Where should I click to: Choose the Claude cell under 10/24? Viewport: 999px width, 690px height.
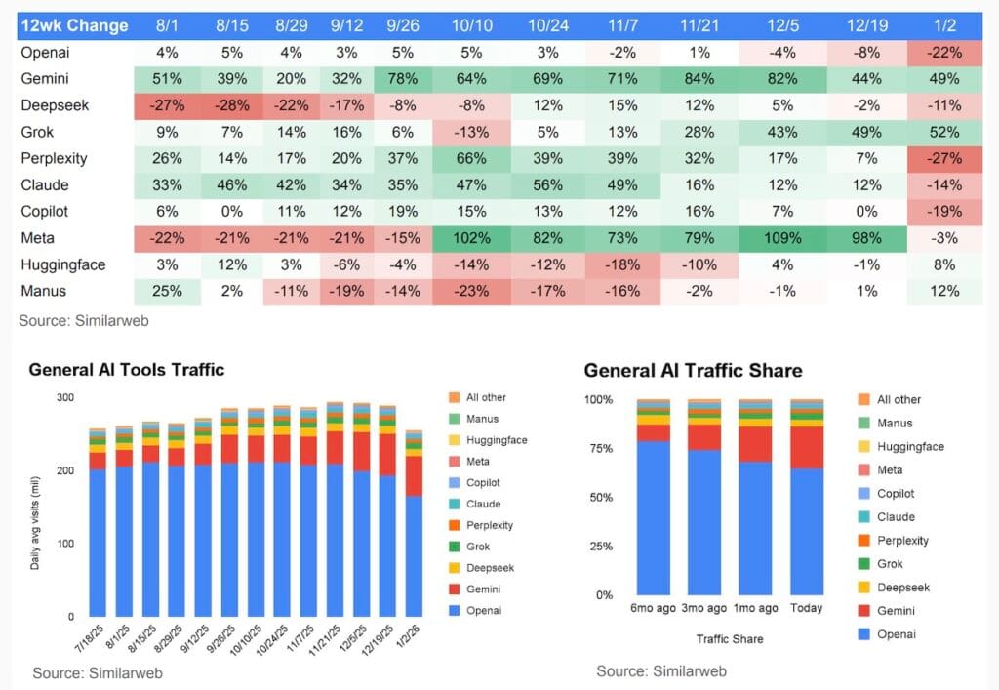click(x=549, y=184)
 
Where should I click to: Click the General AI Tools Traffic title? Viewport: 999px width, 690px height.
click(x=127, y=369)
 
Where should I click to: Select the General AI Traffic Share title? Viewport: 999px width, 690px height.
click(x=693, y=370)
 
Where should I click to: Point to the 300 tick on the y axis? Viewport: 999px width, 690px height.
click(x=65, y=397)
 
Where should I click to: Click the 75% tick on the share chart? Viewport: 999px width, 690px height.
click(x=598, y=449)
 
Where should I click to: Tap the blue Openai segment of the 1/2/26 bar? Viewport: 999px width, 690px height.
click(x=415, y=556)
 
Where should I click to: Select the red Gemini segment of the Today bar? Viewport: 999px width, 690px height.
click(x=806, y=447)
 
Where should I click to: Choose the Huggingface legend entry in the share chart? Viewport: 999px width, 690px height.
click(x=909, y=446)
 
